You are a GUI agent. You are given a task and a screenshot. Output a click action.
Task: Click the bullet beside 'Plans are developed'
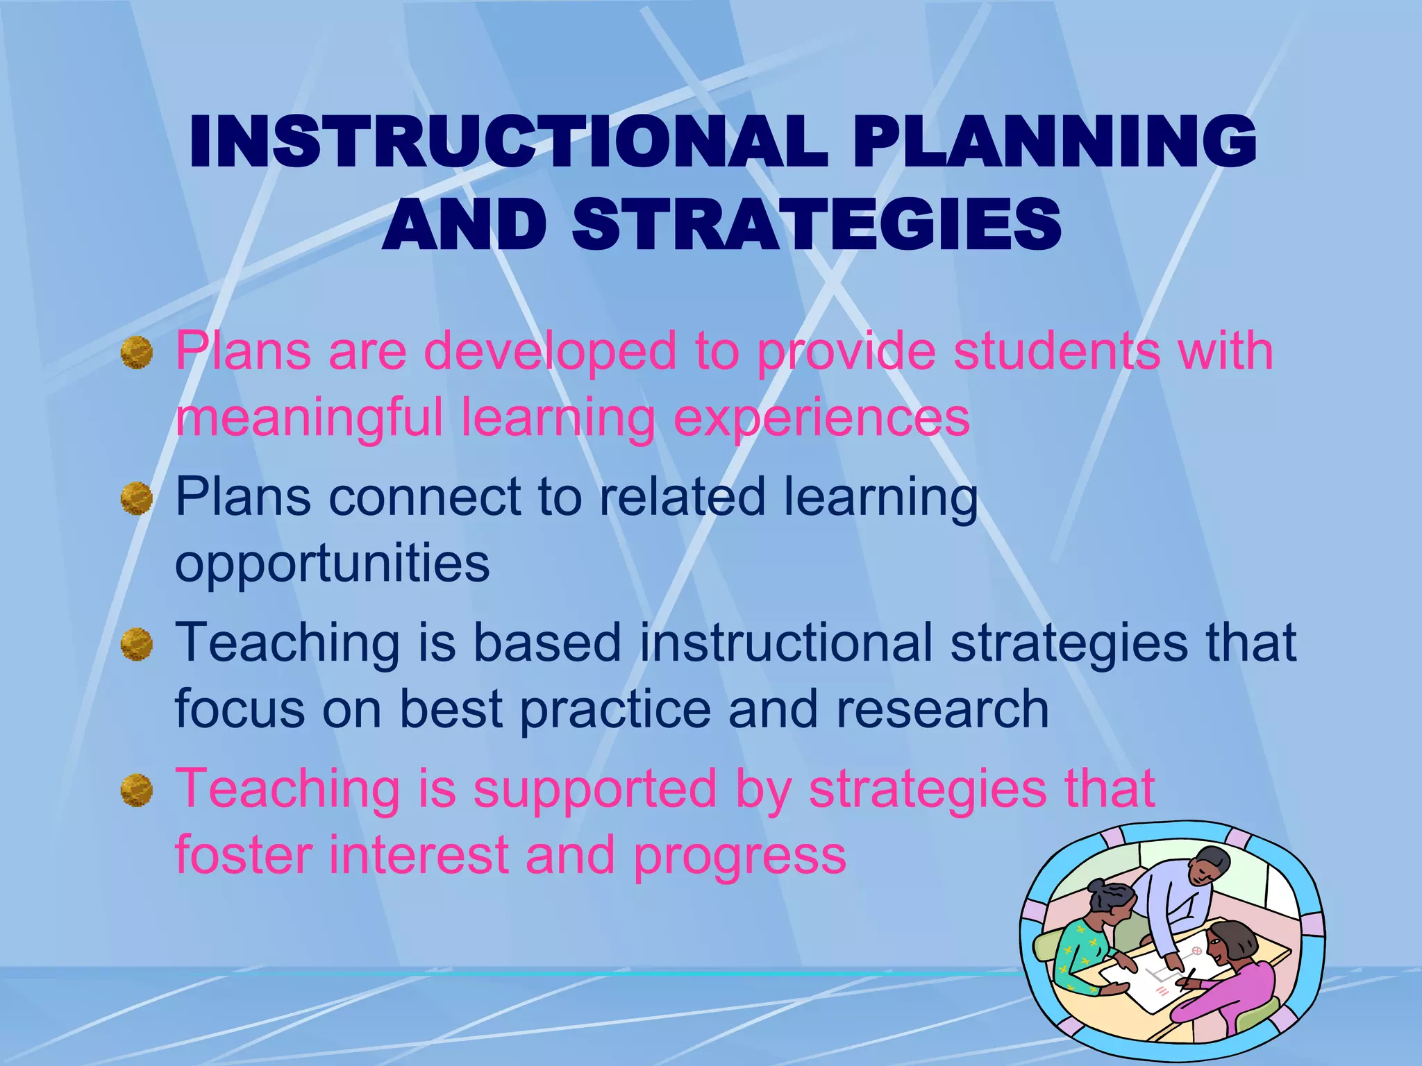coord(137,353)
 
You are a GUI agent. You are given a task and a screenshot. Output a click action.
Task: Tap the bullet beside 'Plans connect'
coord(137,499)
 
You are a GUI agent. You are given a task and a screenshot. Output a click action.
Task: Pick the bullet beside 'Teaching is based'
coord(137,645)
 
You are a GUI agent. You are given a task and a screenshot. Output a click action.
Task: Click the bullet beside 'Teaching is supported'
coord(137,790)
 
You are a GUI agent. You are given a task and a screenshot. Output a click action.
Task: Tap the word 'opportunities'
coord(332,564)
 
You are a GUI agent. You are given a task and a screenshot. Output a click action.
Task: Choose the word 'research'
coord(942,709)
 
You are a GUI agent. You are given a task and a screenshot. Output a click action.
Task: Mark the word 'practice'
coord(615,709)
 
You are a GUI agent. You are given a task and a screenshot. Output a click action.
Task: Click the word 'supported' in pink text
coord(595,790)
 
